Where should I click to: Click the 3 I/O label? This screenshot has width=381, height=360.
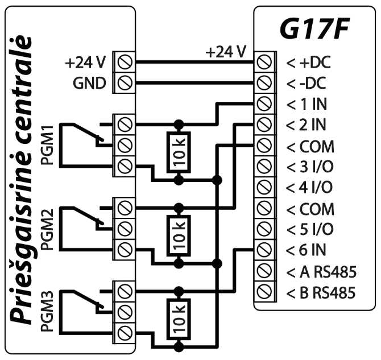[311, 167]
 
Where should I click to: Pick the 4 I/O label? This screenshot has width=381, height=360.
[311, 188]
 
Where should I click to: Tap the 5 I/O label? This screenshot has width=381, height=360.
[311, 230]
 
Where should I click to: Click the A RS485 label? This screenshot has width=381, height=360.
[321, 272]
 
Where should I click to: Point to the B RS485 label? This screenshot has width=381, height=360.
[321, 293]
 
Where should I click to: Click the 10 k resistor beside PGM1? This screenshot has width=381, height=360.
[179, 150]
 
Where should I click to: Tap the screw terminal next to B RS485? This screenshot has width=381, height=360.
[263, 292]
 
